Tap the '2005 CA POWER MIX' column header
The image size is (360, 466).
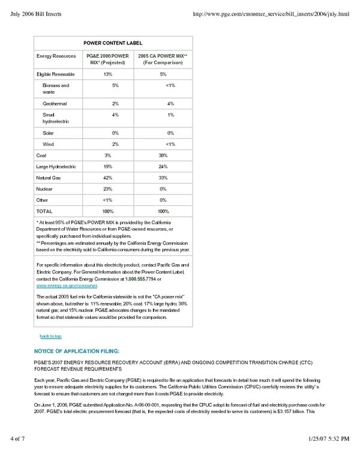163,59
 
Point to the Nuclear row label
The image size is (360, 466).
45,189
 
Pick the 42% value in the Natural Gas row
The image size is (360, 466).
108,178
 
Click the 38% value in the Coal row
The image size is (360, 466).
163,155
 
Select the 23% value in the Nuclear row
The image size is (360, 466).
108,189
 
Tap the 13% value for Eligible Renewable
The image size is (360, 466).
108,74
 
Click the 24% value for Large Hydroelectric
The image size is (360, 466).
163,166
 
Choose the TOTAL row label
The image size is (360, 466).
44,211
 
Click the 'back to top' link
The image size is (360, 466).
50,336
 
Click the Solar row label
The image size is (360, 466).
48,133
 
